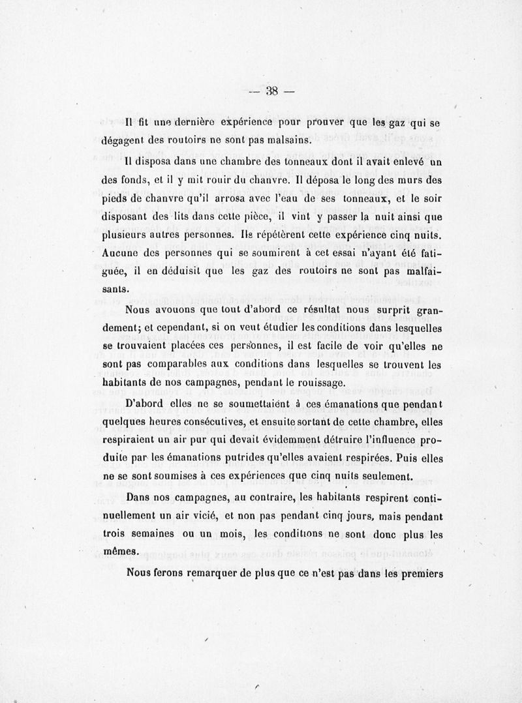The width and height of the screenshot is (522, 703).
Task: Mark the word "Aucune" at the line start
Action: point(122,252)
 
